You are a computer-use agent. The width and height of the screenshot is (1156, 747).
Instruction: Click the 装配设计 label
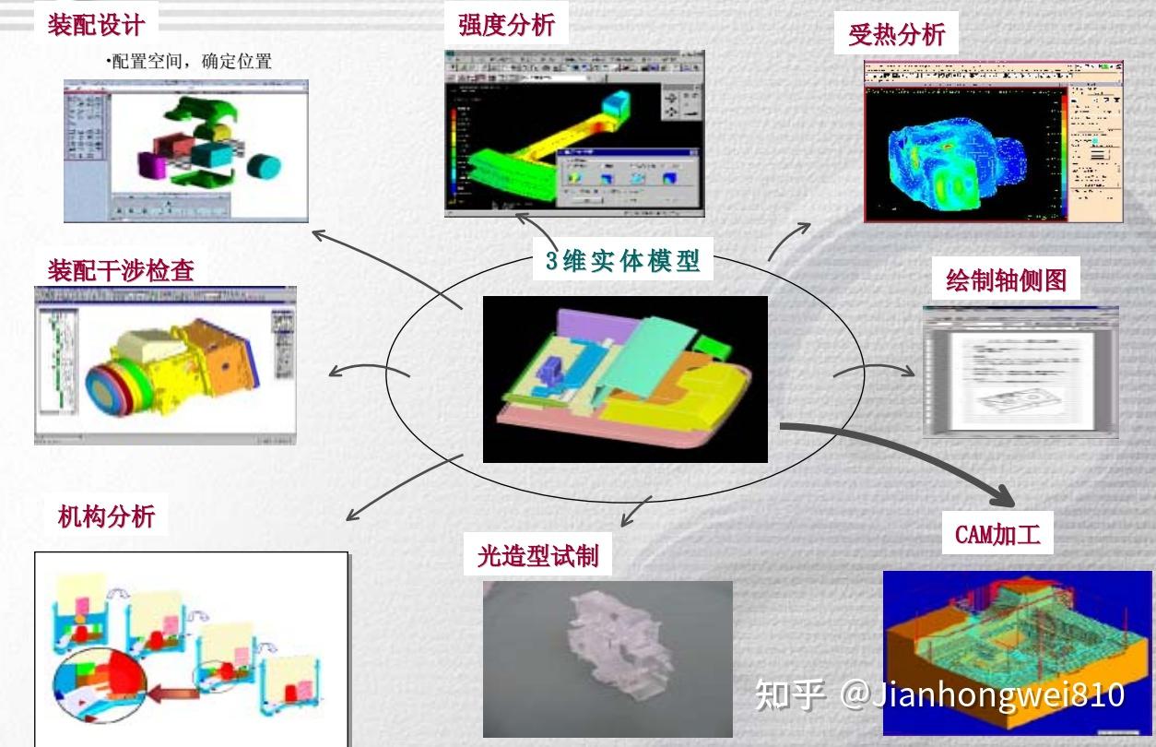tap(102, 24)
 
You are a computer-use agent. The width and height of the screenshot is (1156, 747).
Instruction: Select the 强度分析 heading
tap(506, 25)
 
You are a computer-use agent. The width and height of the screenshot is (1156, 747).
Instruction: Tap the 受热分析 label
tap(896, 35)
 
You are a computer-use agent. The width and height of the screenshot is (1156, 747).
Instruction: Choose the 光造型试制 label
tap(538, 555)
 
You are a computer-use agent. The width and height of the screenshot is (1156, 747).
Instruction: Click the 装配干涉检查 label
tap(121, 270)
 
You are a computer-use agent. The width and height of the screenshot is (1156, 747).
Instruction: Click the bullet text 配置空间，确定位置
tap(192, 63)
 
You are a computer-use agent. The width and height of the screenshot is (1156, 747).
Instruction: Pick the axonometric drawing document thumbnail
tap(1020, 371)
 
